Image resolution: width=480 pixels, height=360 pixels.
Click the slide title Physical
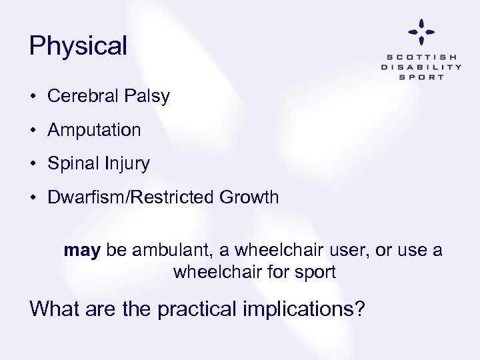point(78,46)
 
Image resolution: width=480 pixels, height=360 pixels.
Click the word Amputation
point(94,130)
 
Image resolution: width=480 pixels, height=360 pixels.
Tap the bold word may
point(82,251)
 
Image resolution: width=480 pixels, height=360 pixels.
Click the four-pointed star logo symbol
point(421,31)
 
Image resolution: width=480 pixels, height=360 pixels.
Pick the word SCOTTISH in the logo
point(421,57)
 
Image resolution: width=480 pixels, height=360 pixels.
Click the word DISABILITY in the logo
point(421,67)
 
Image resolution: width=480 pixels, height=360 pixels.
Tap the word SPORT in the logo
point(421,77)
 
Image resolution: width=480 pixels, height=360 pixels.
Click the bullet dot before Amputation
point(33,131)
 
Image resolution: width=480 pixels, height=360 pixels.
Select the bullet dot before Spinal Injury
point(33,164)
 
